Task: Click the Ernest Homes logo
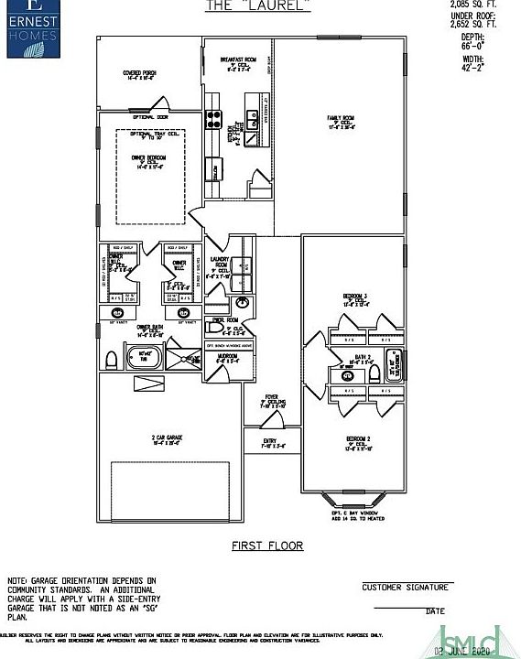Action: (32, 28)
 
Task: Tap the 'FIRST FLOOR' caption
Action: (266, 546)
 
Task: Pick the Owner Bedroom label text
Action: (151, 162)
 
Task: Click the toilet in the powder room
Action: (216, 328)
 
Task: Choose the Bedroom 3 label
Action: (355, 298)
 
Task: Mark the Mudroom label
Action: (226, 358)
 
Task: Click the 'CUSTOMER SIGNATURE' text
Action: (406, 587)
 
